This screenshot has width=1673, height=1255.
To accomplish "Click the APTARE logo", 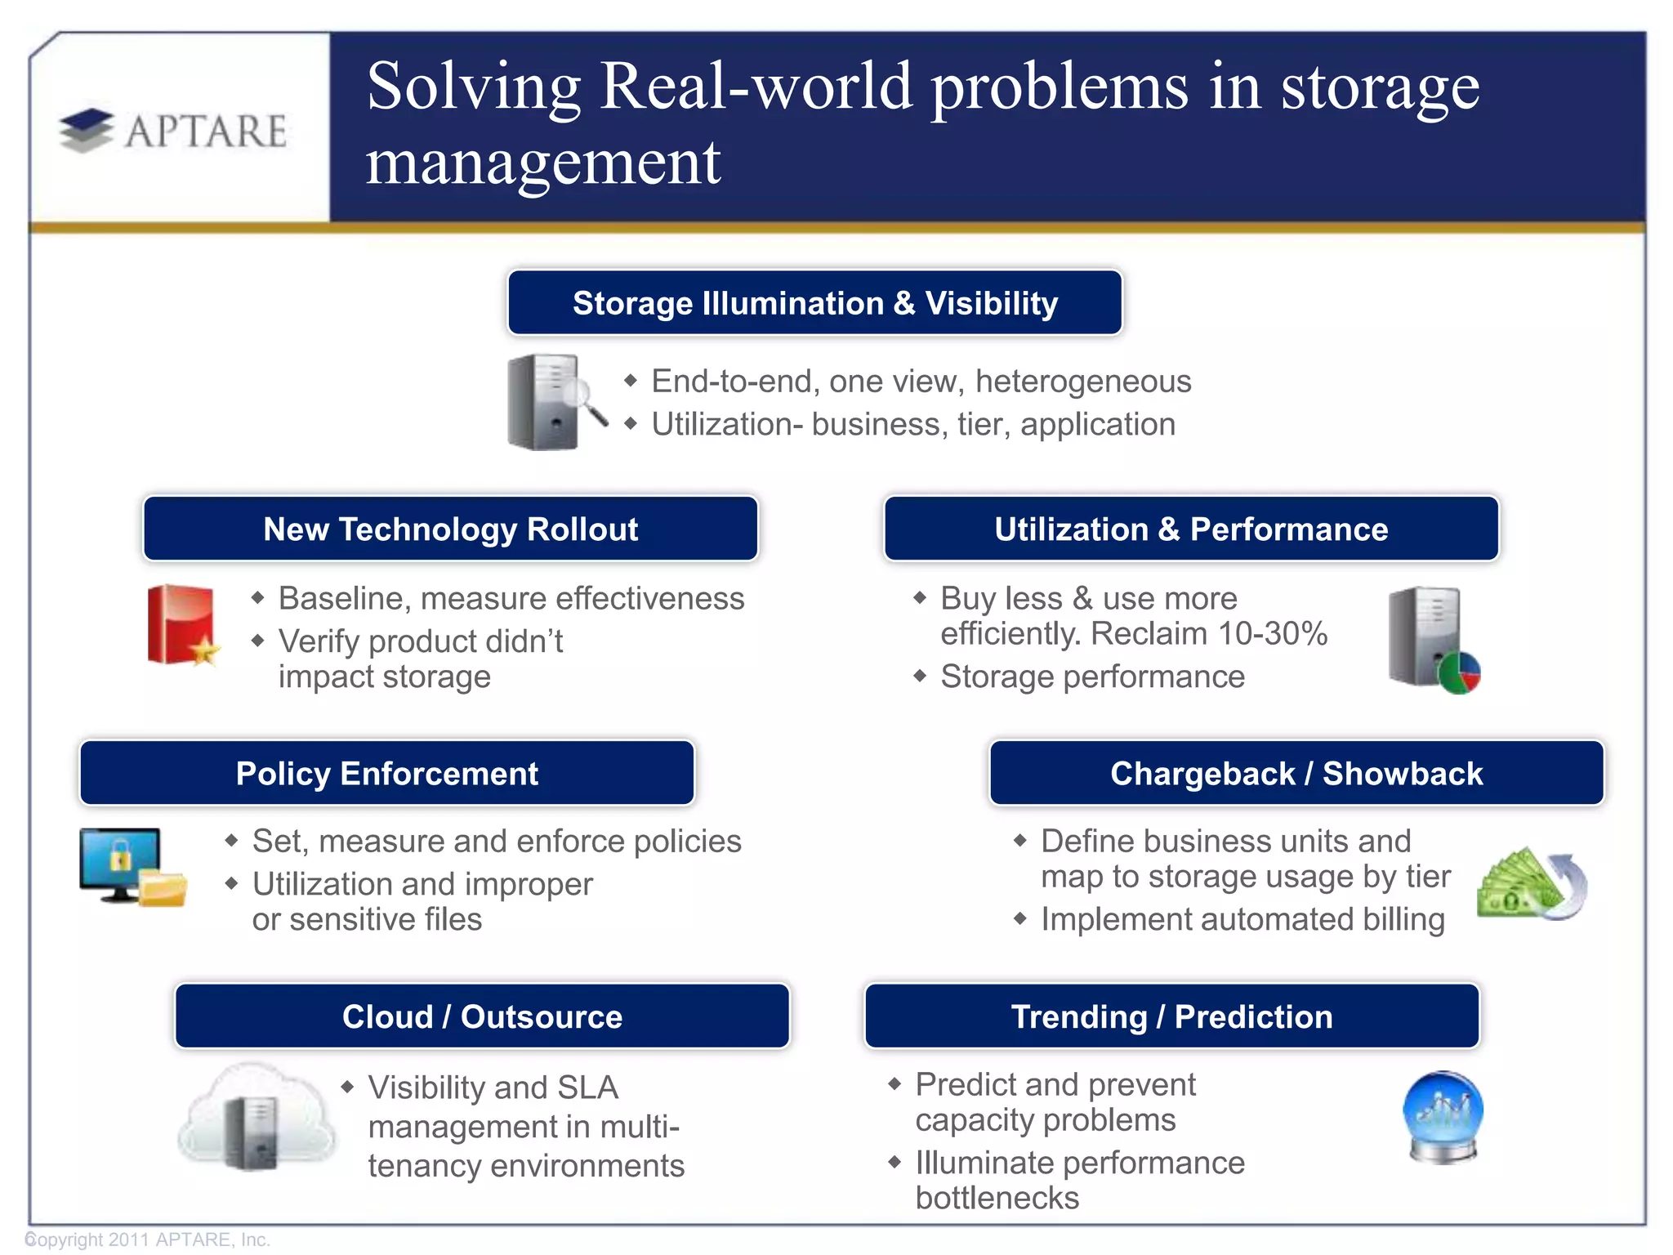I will pyautogui.click(x=173, y=131).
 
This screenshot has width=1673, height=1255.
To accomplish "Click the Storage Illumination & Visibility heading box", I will pyautogui.click(x=814, y=303).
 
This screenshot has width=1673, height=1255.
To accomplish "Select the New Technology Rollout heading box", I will pyautogui.click(x=450, y=529).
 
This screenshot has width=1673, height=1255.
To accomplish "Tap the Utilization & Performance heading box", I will pyautogui.click(x=1191, y=529).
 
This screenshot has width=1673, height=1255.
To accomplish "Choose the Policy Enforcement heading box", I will pyautogui.click(x=386, y=773).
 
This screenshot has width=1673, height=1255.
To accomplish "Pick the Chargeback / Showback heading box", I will pyautogui.click(x=1296, y=773).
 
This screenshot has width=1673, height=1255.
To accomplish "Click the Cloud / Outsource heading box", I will pyautogui.click(x=482, y=1016).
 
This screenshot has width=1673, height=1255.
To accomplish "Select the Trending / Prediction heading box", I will pyautogui.click(x=1171, y=1016).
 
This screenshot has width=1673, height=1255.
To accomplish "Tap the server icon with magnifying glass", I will pyautogui.click(x=552, y=401).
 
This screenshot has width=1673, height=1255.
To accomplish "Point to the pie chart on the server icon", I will pyautogui.click(x=1459, y=673).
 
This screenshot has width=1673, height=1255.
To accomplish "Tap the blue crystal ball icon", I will pyautogui.click(x=1443, y=1116).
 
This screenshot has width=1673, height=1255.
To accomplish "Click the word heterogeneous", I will pyautogui.click(x=1083, y=382).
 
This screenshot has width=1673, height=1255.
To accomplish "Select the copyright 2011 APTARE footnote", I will pyautogui.click(x=148, y=1239).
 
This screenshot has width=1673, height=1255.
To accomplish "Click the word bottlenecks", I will pyautogui.click(x=997, y=1198).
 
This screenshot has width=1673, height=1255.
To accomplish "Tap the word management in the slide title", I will pyautogui.click(x=542, y=162).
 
